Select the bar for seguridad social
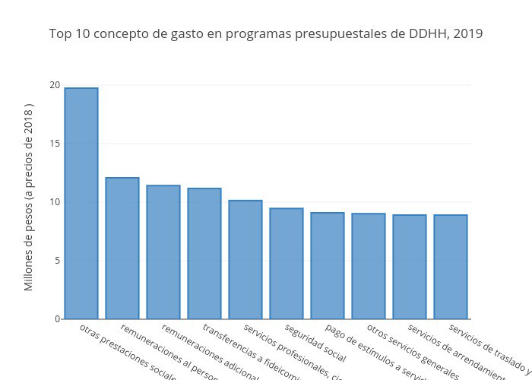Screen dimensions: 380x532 [287, 263]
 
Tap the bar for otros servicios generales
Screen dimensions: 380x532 [369, 266]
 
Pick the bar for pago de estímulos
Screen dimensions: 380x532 [328, 265]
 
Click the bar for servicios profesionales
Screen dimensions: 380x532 [245, 259]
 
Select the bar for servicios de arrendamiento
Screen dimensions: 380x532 [410, 267]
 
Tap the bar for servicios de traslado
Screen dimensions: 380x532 [451, 267]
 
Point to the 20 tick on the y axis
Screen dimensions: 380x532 [55, 84]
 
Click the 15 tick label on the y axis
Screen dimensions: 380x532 [55, 143]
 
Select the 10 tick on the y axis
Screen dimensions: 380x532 [55, 201]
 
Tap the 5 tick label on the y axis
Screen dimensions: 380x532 [57, 260]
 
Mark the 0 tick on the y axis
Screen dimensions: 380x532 [57, 318]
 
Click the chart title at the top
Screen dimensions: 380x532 [265, 34]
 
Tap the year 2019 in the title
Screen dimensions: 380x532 [466, 34]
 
